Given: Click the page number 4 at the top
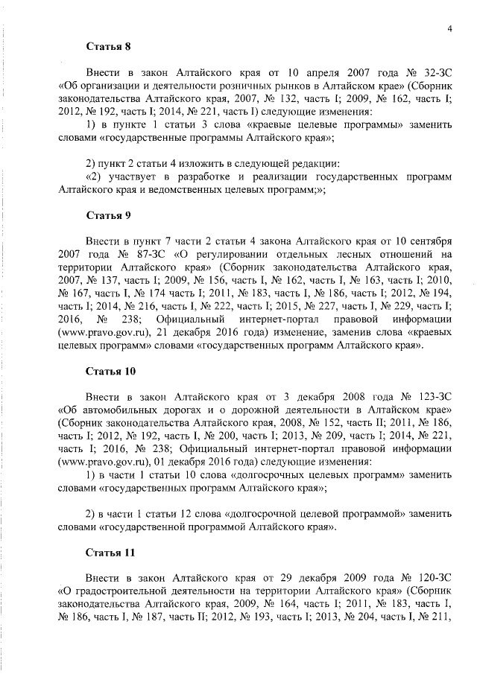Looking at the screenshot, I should [x=450, y=28].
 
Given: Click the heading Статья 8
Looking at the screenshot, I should [x=108, y=46].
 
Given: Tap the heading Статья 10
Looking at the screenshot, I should [x=111, y=370].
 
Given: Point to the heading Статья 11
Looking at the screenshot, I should [x=111, y=553].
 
